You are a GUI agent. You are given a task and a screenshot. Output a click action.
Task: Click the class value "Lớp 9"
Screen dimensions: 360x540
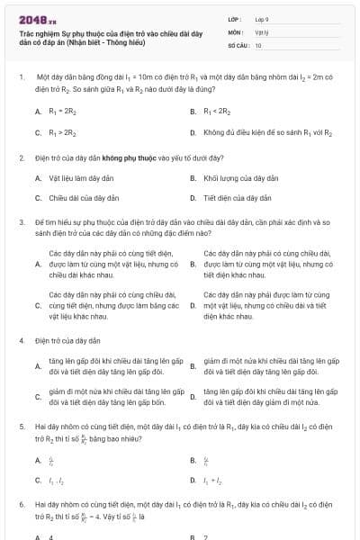[262, 18]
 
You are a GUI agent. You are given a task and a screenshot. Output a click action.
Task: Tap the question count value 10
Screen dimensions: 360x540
[258, 45]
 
